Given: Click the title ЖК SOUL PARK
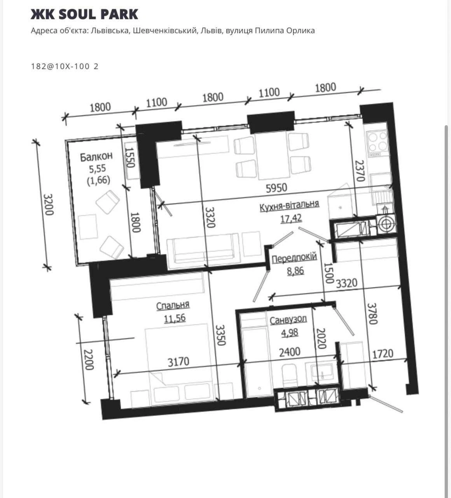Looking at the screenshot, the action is pos(84,14).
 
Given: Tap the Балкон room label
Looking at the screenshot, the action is pos(96,156).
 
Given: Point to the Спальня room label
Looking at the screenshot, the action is pos(173,305).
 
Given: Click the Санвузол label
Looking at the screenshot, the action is pos(288,320).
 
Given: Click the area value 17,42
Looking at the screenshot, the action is pos(291,219).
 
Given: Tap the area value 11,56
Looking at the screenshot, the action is pos(175,318).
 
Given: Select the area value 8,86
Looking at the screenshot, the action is pos(295,270).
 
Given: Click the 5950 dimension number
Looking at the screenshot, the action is pos(276,188).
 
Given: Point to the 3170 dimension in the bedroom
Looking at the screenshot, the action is pos(178,361).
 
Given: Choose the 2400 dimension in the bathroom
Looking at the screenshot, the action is pos(290,352).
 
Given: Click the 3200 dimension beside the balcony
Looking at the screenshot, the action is pos(48,205).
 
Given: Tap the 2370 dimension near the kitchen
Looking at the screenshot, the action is pos(360,171).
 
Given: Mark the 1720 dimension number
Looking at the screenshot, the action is pos(383,354).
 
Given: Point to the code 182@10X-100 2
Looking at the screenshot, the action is pos(65,67).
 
